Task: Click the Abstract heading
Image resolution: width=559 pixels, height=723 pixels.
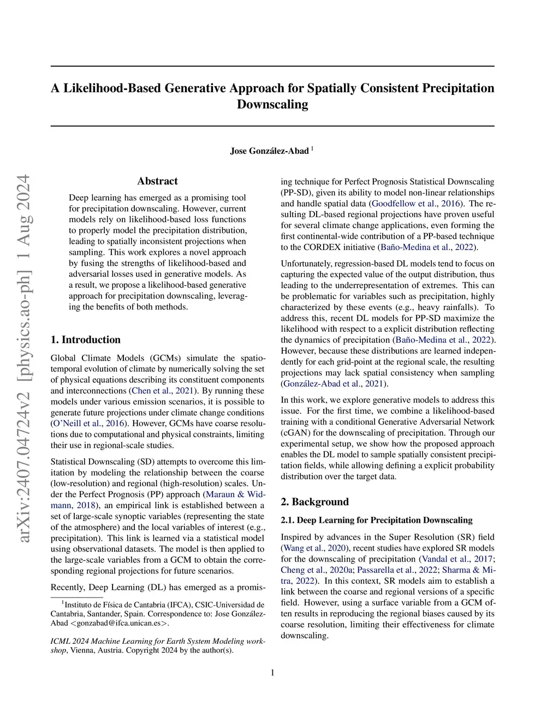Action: click(x=157, y=181)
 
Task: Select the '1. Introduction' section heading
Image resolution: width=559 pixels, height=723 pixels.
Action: click(x=86, y=339)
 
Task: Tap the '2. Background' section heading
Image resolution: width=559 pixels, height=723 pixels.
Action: click(x=314, y=501)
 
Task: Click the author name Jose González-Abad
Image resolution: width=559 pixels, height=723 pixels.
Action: click(x=269, y=151)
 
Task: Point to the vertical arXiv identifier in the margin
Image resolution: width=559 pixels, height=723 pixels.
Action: click(x=23, y=358)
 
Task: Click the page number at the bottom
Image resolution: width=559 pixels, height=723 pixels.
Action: click(x=272, y=672)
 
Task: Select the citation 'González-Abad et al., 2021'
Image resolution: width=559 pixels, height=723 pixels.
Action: click(x=334, y=384)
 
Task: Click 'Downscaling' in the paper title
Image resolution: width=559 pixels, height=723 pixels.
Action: click(x=272, y=104)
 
